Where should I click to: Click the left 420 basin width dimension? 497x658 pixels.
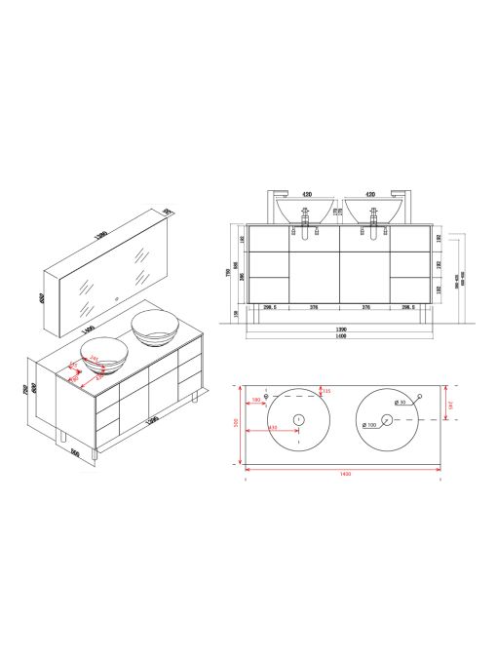(x=305, y=194)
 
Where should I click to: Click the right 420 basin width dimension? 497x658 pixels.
(x=372, y=194)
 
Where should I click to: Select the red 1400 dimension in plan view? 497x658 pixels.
(x=342, y=474)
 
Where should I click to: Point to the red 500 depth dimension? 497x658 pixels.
(x=237, y=423)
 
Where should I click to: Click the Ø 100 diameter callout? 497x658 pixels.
(x=369, y=425)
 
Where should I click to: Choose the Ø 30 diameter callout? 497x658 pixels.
(x=399, y=402)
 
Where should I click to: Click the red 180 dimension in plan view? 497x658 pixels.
(x=256, y=400)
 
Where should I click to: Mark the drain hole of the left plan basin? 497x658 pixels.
(x=298, y=419)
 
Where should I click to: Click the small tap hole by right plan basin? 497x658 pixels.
(x=419, y=395)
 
